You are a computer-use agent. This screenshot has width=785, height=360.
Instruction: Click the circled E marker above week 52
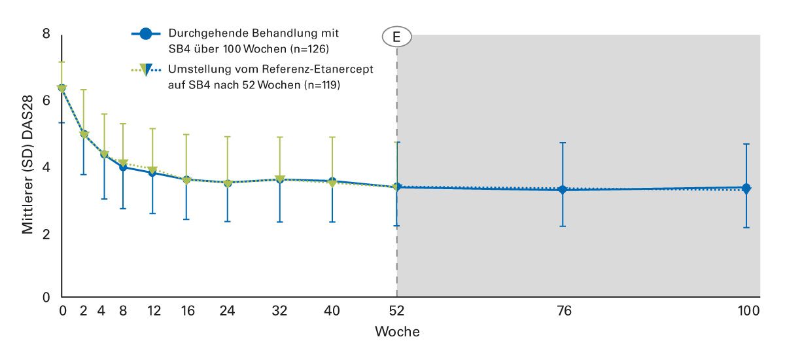[x=396, y=38]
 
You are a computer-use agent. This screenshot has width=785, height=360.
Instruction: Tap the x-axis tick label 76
[x=564, y=311]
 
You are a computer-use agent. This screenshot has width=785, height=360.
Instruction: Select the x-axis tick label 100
[x=746, y=311]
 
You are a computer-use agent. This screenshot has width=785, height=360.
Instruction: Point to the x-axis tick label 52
[x=396, y=311]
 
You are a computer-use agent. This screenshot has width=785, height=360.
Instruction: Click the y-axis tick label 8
[x=46, y=33]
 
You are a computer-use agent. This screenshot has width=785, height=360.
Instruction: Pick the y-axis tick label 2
[x=46, y=234]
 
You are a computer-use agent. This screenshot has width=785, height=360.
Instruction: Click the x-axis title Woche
[x=397, y=332]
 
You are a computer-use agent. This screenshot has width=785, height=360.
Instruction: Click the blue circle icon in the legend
[x=147, y=34]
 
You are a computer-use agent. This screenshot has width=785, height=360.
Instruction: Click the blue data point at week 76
[x=563, y=190]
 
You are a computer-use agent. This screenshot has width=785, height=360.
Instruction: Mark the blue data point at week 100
[x=746, y=189]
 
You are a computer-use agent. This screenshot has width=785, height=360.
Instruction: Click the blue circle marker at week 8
[x=123, y=167]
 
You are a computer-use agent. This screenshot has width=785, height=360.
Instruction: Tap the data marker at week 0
[x=62, y=88]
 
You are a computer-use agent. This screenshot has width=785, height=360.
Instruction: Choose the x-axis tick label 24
[x=228, y=311]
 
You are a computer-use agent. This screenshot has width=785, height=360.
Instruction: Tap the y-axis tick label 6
[x=46, y=101]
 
